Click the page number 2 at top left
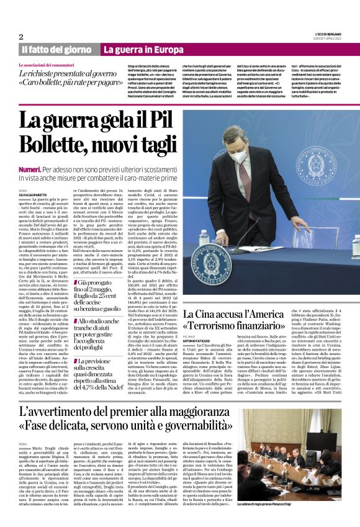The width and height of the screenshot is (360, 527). click(x=20, y=36)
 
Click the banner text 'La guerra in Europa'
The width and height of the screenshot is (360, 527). click(x=139, y=49)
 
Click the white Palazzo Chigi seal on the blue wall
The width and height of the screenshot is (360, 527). click(x=317, y=158)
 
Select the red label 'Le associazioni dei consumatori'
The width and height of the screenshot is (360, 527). click(x=47, y=65)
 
